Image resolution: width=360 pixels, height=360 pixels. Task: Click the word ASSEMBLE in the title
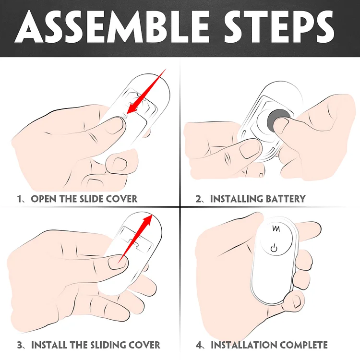point(111,26)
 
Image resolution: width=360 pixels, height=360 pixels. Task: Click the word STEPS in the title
point(279,26)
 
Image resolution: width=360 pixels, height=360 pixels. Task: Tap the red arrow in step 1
point(146,91)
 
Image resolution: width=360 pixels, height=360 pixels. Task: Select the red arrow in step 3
point(135,239)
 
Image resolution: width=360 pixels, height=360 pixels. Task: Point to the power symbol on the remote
point(274,248)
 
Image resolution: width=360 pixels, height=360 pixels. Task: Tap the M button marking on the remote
point(276,228)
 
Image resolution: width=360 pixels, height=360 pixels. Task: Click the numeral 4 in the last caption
point(199,345)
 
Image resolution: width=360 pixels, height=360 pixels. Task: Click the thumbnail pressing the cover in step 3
point(117,263)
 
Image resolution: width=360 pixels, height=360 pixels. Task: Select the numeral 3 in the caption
point(20,345)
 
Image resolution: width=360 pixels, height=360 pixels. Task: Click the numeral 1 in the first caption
point(19,199)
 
